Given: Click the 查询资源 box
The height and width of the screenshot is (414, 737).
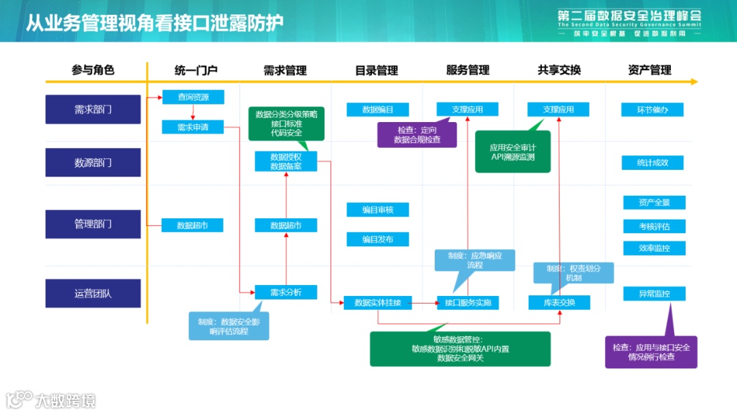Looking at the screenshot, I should [193, 97].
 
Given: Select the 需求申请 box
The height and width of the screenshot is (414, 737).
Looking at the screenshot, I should [193, 127].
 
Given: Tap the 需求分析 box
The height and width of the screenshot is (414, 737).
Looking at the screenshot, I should [286, 292].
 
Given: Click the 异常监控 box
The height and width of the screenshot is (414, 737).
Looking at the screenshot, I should [654, 294].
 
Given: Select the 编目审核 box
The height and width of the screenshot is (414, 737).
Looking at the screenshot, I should [377, 209].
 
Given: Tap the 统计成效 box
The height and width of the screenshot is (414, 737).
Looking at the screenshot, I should [652, 162].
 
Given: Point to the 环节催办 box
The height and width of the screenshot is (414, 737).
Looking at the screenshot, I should [652, 110].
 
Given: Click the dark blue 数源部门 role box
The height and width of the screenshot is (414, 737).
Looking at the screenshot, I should [93, 162].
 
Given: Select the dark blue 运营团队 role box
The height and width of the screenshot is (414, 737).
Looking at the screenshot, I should [93, 293].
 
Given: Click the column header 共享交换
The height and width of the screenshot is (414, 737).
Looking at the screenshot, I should [559, 70].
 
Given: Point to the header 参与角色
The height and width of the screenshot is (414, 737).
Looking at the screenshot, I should [93, 70].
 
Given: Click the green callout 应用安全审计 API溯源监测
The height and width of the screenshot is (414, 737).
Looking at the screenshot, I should [512, 151].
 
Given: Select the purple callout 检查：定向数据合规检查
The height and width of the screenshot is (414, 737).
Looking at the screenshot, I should [417, 134].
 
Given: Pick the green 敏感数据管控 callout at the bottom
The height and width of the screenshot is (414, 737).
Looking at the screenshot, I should [460, 349].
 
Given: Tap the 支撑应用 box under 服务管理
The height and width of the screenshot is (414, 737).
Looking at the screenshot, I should [467, 109].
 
